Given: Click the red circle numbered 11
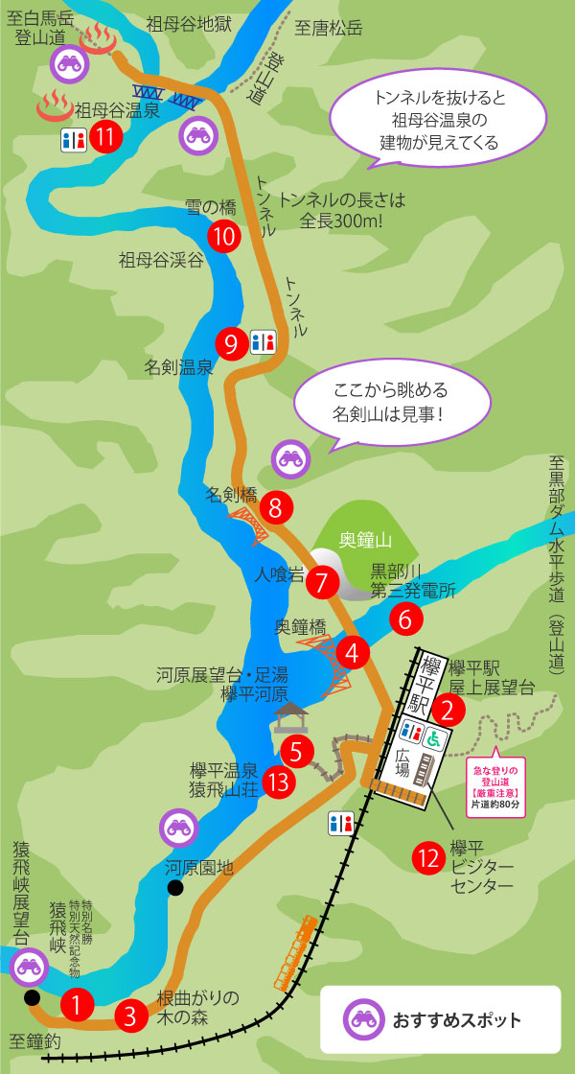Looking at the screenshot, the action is (106, 137).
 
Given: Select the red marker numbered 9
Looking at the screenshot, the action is (231, 342).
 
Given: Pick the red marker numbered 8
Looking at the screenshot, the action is (276, 507).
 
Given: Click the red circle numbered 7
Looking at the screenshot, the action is (323, 581).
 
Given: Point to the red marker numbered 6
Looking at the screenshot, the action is (405, 619).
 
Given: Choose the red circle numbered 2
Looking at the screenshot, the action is (448, 711).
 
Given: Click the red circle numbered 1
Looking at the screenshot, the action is (77, 1004).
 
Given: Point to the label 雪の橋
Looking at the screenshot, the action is (212, 206).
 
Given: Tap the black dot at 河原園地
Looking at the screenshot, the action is (175, 888).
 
